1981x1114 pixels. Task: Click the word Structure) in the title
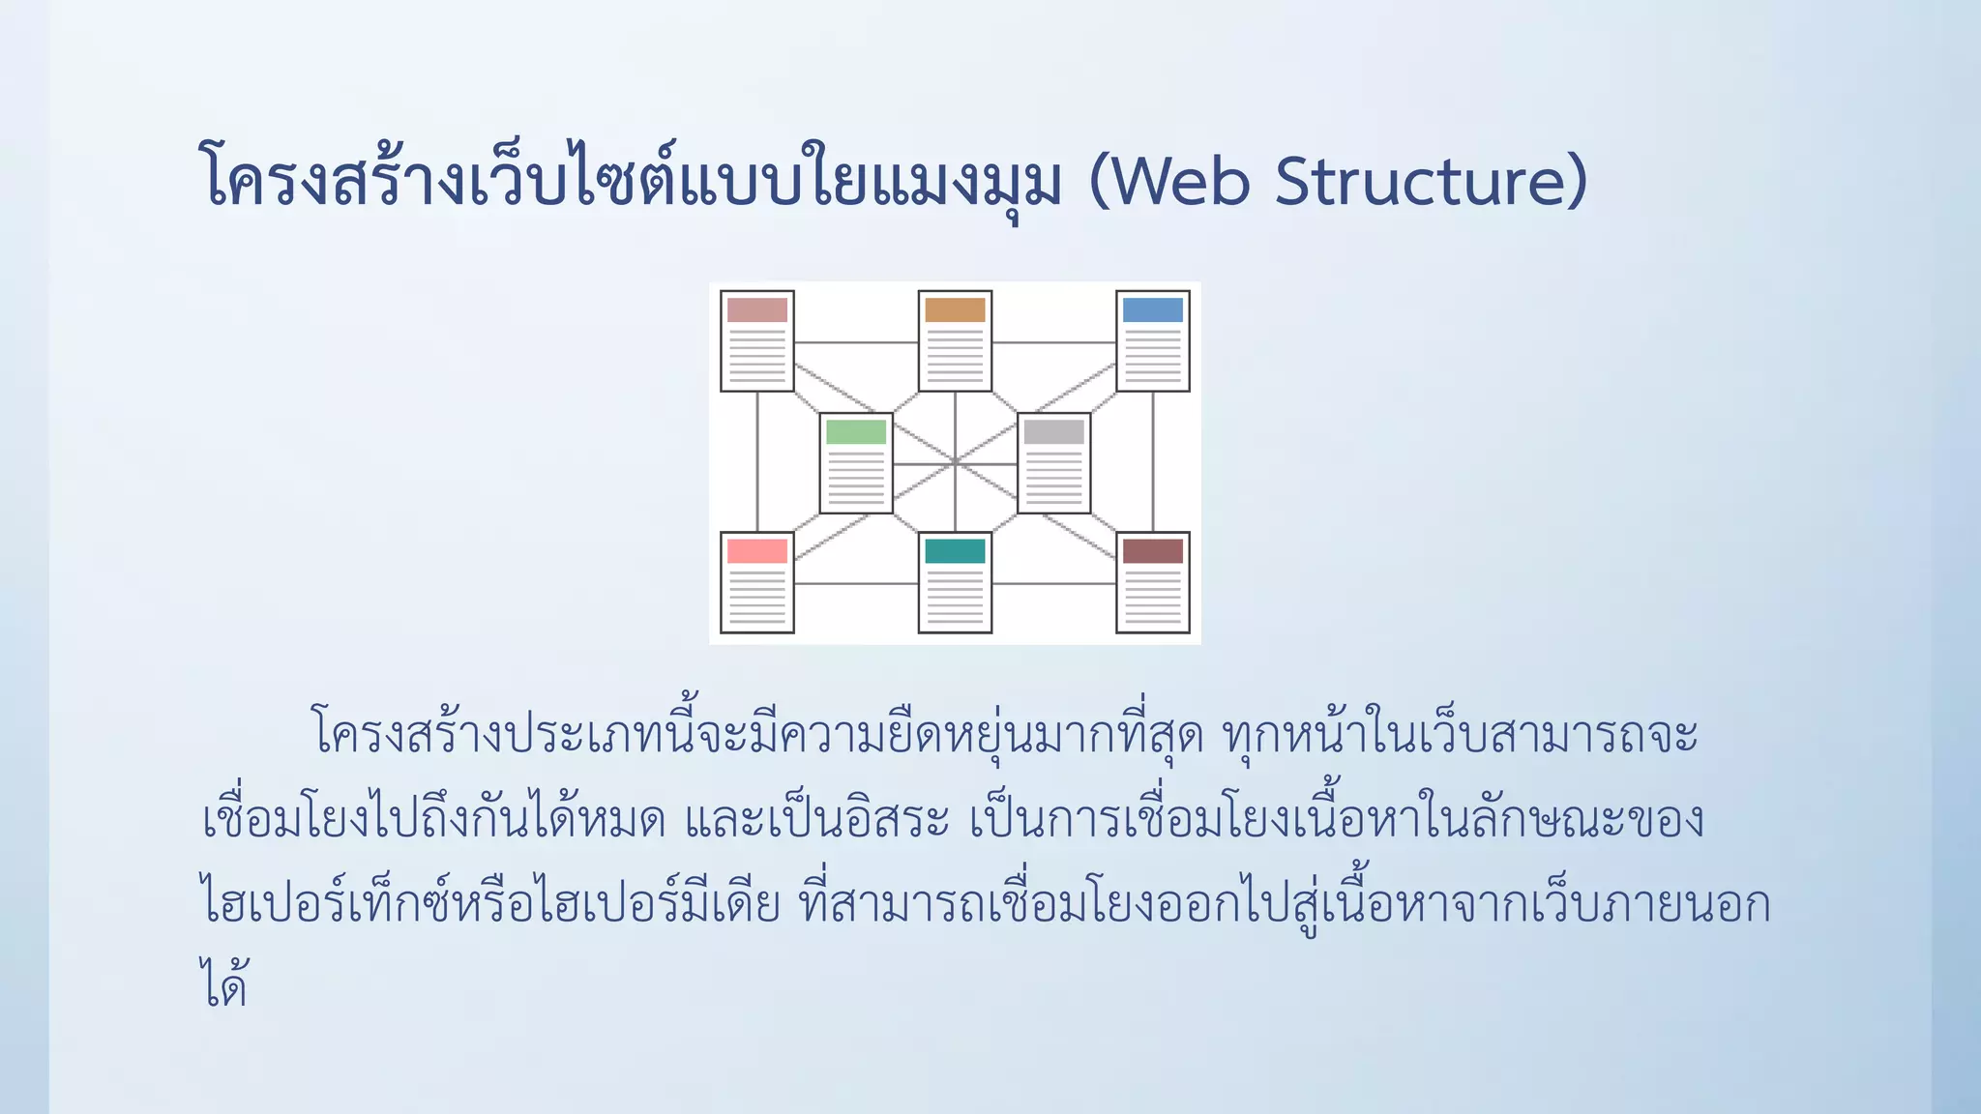(1432, 181)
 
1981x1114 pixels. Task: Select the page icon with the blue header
(1152, 341)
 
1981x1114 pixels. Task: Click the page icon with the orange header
(955, 341)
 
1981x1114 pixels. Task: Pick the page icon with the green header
(856, 463)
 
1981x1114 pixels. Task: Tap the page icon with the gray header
(1053, 463)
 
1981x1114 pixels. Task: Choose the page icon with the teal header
(955, 582)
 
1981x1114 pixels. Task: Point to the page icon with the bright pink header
(757, 582)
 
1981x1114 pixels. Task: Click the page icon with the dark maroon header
(1152, 582)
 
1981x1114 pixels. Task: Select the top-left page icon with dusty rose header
(757, 341)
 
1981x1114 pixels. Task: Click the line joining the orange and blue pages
(1053, 342)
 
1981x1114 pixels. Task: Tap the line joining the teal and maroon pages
(1053, 583)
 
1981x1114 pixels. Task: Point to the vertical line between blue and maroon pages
(1152, 462)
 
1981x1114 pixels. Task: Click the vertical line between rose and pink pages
(757, 462)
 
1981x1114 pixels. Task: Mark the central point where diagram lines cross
(955, 462)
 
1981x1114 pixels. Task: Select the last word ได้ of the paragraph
(224, 984)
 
